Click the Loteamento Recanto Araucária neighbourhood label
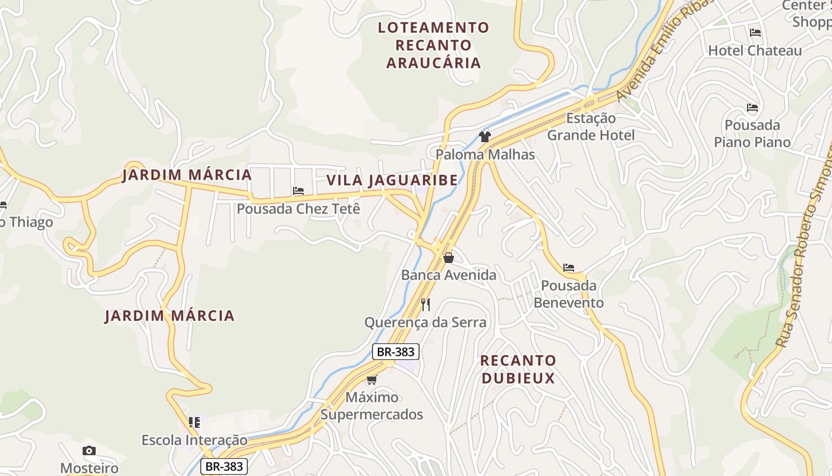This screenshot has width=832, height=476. [433, 45]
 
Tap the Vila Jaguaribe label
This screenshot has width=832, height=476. [392, 180]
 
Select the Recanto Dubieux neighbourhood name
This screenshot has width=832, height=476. [518, 369]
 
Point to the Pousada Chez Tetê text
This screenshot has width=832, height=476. [298, 209]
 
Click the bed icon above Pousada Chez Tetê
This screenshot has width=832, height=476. [298, 191]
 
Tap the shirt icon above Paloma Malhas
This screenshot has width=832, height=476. [484, 137]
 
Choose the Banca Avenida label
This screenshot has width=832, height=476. [448, 275]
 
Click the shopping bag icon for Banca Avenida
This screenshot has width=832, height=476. [449, 258]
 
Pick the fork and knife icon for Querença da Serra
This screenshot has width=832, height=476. [426, 305]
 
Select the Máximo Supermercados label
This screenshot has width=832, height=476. [372, 406]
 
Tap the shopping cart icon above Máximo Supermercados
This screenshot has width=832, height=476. [372, 380]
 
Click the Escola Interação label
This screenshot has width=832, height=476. [194, 440]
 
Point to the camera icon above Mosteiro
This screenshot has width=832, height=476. [89, 450]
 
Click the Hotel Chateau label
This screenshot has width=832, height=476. [755, 51]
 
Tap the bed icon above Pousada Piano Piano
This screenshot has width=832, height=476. [752, 108]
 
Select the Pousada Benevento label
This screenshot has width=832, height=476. [569, 294]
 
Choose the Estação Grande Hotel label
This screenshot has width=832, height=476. [591, 127]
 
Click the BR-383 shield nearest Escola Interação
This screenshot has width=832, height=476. [224, 466]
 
